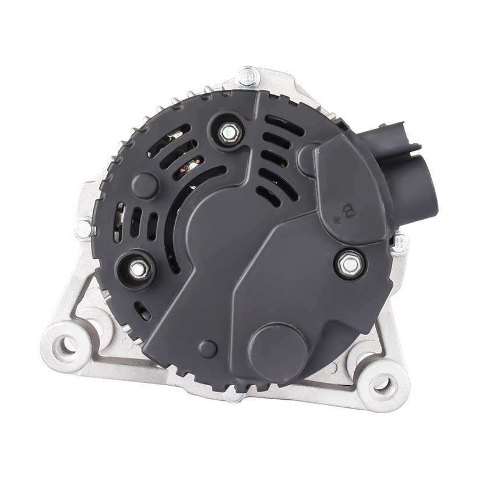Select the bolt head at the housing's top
tap(249, 76)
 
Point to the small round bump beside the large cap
tap(207, 349)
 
